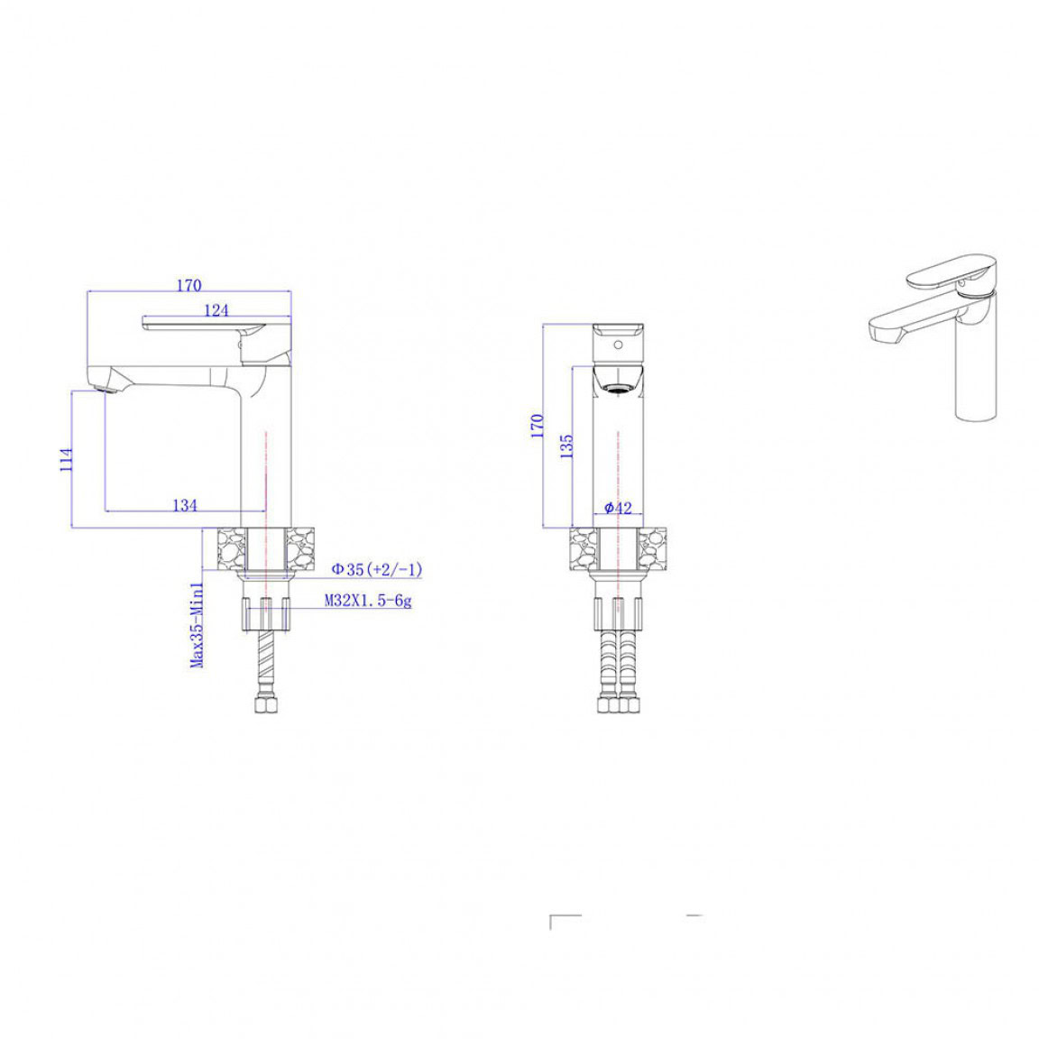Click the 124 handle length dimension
pyautogui.click(x=216, y=309)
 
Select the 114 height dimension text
pyautogui.click(x=66, y=460)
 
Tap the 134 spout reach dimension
pyautogui.click(x=185, y=505)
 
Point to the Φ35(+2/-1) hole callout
pyautogui.click(x=377, y=568)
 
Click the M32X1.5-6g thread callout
pyautogui.click(x=368, y=601)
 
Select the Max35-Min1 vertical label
pyautogui.click(x=197, y=625)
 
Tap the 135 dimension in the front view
pyautogui.click(x=566, y=446)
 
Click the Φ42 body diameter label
pyautogui.click(x=618, y=508)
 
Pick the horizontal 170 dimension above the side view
pyautogui.click(x=188, y=285)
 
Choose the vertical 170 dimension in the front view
pyautogui.click(x=538, y=426)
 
